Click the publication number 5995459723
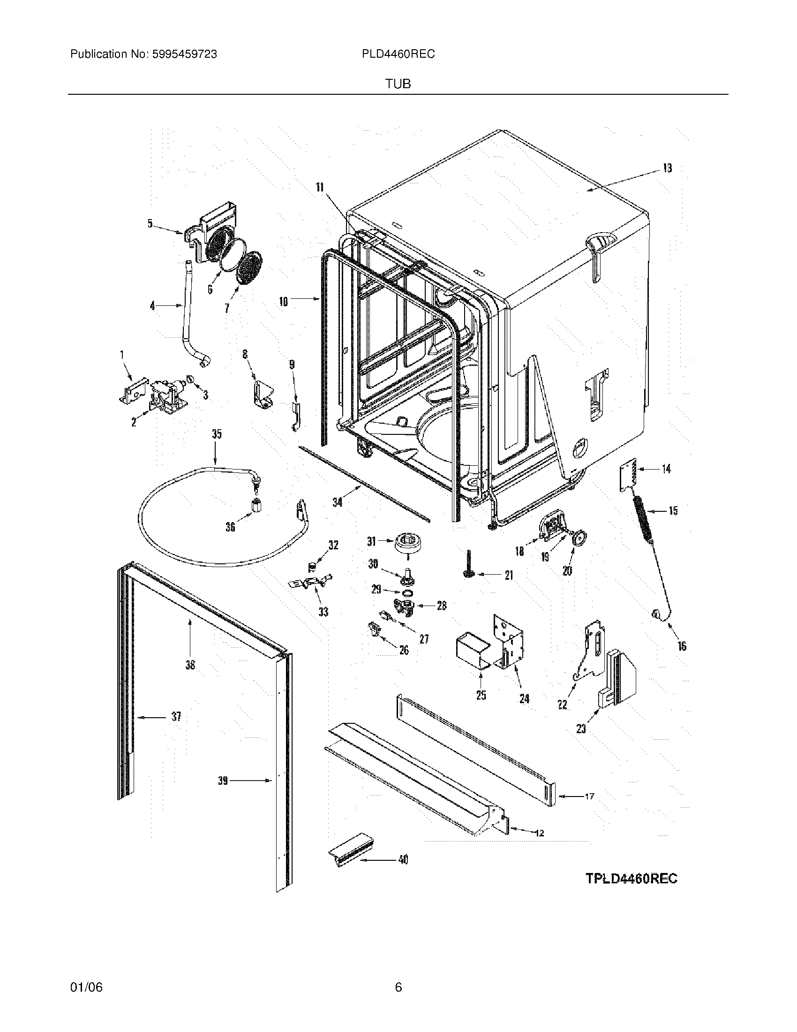[184, 54]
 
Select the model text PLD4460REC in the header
[398, 54]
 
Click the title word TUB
[398, 84]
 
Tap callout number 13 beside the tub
[667, 168]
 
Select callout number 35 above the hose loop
[217, 434]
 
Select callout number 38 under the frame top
[190, 665]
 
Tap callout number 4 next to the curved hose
[152, 306]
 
